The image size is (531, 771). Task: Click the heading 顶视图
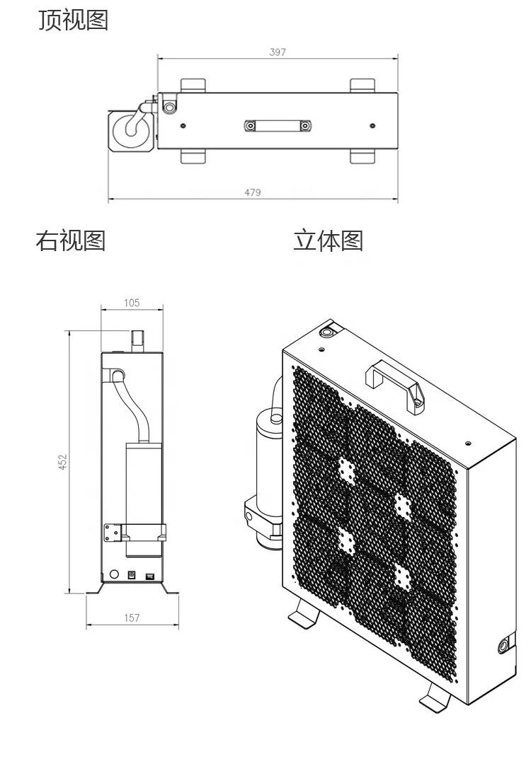coord(73,21)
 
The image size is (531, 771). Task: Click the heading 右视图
coord(71,241)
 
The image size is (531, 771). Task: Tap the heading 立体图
coord(329,241)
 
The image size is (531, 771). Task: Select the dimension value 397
coord(278,52)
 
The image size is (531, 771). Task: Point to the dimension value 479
coord(253,192)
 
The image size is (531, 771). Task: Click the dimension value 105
coord(132,303)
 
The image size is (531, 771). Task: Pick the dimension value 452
coord(62,462)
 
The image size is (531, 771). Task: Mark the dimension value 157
coord(132,618)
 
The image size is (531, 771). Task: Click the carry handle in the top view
coord(277,126)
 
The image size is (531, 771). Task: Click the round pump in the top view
coord(131,129)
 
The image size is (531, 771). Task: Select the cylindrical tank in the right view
coord(144,488)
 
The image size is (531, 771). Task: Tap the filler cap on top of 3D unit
coord(329,331)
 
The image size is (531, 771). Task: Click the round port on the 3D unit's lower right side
coord(503,645)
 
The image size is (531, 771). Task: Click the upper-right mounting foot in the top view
coord(362,85)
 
